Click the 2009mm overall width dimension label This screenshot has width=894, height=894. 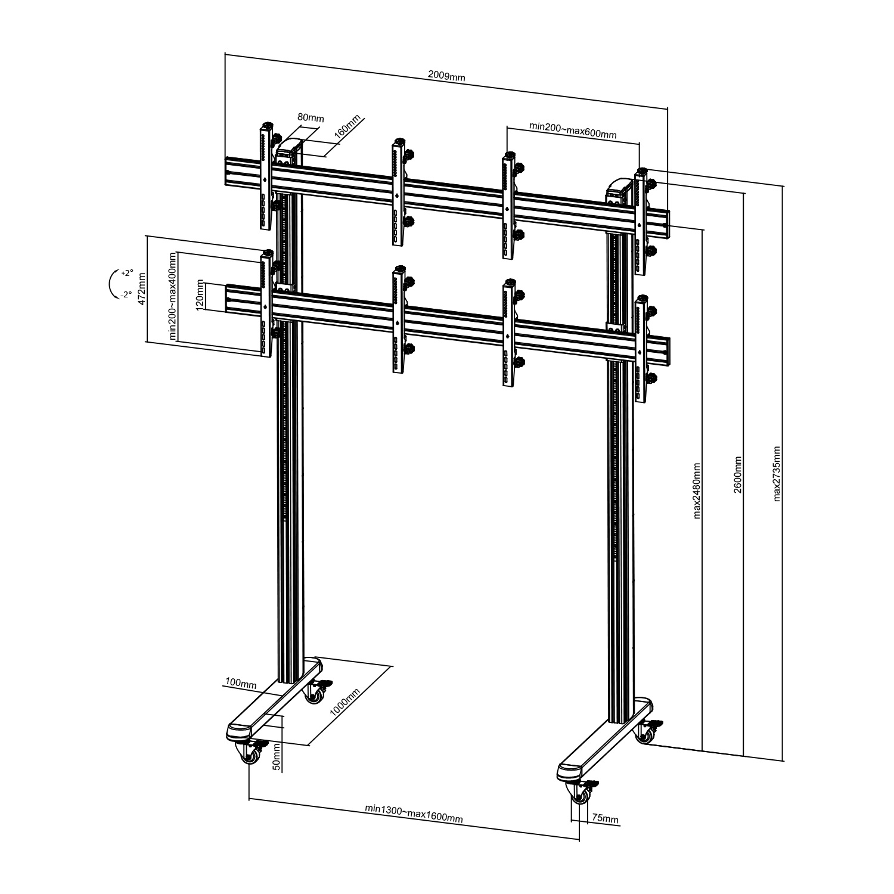pos(446,76)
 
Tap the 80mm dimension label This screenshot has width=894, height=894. pos(311,118)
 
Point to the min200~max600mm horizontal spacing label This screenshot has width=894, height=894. pos(572,131)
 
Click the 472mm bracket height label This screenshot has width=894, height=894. pos(141,289)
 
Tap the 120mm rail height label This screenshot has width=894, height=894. pos(200,294)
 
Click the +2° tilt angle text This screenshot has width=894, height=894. pos(126,273)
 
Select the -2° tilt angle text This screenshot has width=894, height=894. pos(126,294)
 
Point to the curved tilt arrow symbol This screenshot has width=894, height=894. pos(108,283)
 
